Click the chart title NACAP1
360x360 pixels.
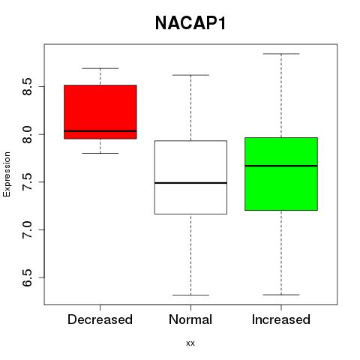coord(190,23)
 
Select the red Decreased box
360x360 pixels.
coord(100,112)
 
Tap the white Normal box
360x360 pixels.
coord(190,177)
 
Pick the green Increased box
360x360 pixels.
coord(281,174)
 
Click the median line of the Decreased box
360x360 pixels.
coord(100,131)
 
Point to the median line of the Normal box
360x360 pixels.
coord(190,183)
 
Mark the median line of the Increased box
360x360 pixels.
coord(281,166)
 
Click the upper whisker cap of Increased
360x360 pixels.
coord(281,54)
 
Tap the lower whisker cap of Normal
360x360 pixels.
coord(190,295)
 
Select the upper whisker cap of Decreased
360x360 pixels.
coord(100,68)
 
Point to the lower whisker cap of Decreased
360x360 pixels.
coord(100,153)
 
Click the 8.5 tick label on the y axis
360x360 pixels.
coord(27,86)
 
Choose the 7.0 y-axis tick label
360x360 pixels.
coord(27,229)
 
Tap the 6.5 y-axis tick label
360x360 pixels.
coord(27,277)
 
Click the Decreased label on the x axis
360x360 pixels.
coord(100,319)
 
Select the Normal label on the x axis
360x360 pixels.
coord(190,319)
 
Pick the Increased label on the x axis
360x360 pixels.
coord(281,319)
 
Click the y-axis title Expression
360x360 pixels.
coord(7,174)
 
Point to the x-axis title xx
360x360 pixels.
coord(190,343)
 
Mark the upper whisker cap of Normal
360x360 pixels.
coord(190,75)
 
